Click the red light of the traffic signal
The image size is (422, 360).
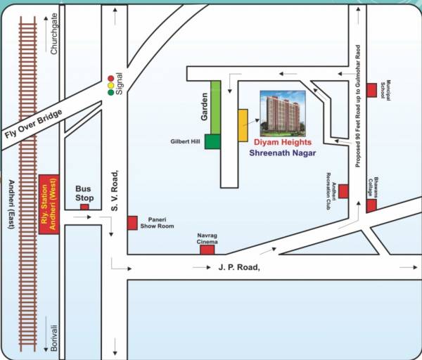(110, 77)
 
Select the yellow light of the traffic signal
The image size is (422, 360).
(110, 84)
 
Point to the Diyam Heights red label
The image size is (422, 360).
(283, 142)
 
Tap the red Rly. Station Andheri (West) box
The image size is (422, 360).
(49, 205)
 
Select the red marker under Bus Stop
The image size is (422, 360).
(84, 207)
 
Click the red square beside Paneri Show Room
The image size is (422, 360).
(132, 223)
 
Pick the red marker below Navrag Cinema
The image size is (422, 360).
(207, 250)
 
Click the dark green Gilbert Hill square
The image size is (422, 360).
(212, 141)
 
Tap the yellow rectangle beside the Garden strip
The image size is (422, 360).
(243, 125)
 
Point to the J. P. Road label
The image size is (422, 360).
(239, 267)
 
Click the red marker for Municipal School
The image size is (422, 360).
(371, 90)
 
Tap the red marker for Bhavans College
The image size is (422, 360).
(371, 205)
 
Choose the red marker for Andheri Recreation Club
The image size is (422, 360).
(344, 191)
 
